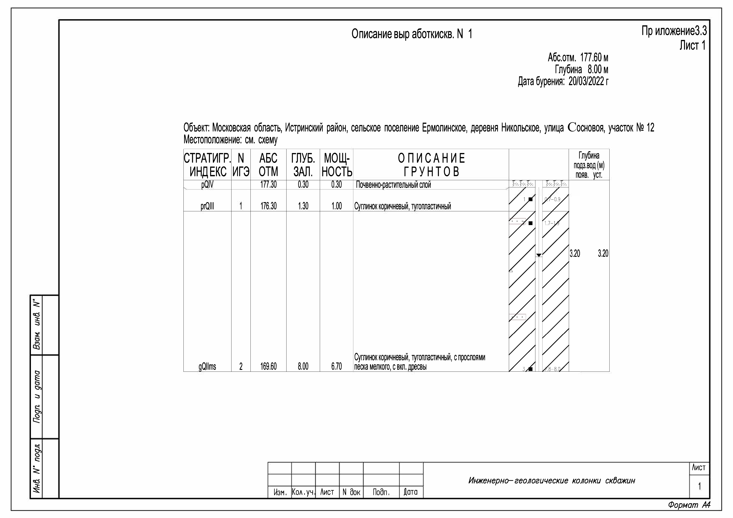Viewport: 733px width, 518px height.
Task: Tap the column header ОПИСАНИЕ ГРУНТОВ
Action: [431, 165]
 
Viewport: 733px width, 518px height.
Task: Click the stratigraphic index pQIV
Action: [207, 185]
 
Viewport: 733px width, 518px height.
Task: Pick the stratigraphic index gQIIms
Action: [207, 366]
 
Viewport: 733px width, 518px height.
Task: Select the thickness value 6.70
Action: [337, 366]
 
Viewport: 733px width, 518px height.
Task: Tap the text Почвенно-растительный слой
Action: [393, 185]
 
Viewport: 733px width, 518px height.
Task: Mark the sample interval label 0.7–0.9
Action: [552, 199]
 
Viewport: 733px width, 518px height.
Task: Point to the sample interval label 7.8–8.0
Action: [552, 369]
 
